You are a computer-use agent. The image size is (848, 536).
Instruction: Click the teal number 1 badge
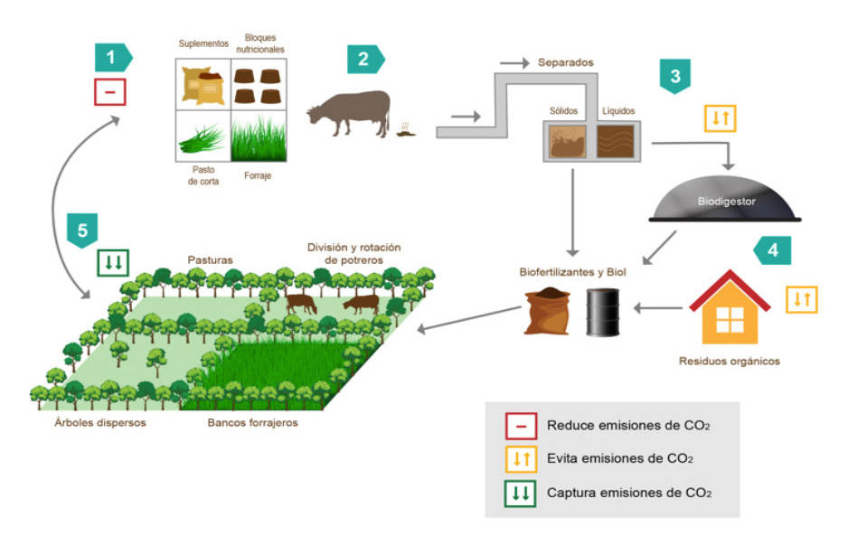pos(112,58)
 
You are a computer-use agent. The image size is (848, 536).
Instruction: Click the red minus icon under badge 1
pos(110,92)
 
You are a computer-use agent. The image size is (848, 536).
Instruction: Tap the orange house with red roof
pos(730,312)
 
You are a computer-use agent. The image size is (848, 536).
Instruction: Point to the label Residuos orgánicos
pos(729,362)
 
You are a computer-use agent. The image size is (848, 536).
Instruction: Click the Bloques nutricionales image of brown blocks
pos(258,84)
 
